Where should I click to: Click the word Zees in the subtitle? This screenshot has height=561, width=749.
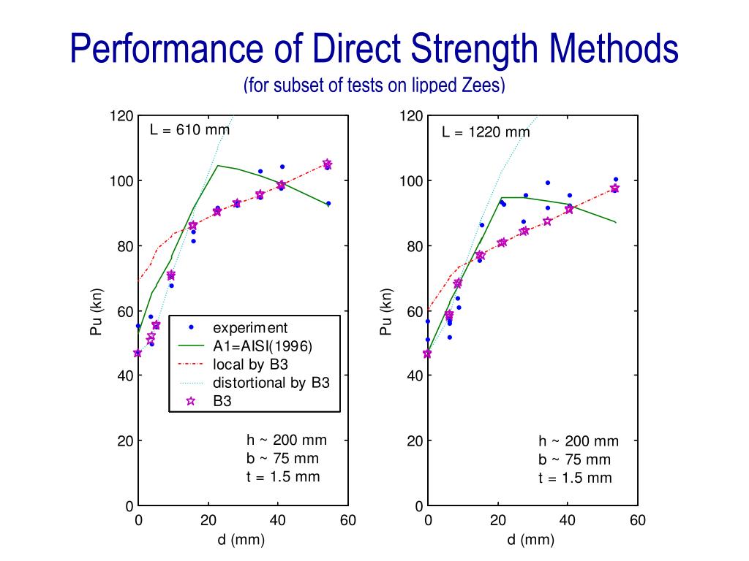(480, 85)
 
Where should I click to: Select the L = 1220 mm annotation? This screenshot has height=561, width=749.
(486, 132)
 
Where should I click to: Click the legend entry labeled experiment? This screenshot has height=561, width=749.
(249, 328)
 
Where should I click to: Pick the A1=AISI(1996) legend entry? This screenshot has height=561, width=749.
(262, 346)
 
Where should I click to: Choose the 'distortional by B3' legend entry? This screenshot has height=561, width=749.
(271, 382)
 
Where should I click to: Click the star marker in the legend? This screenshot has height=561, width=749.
(191, 400)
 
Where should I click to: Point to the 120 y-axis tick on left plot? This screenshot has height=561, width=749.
(123, 116)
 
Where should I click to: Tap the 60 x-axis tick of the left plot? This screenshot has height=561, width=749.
(348, 521)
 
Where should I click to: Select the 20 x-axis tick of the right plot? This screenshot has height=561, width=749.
(498, 521)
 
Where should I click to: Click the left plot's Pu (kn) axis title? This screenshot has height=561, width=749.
(97, 312)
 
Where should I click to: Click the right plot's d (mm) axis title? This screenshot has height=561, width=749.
(532, 541)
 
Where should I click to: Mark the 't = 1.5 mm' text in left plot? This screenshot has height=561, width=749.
(282, 477)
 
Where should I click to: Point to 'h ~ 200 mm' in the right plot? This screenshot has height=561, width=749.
(578, 441)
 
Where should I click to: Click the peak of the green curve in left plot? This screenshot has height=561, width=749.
(218, 165)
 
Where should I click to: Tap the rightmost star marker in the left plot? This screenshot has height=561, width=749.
(327, 164)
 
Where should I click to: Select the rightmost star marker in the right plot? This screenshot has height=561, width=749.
(614, 188)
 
